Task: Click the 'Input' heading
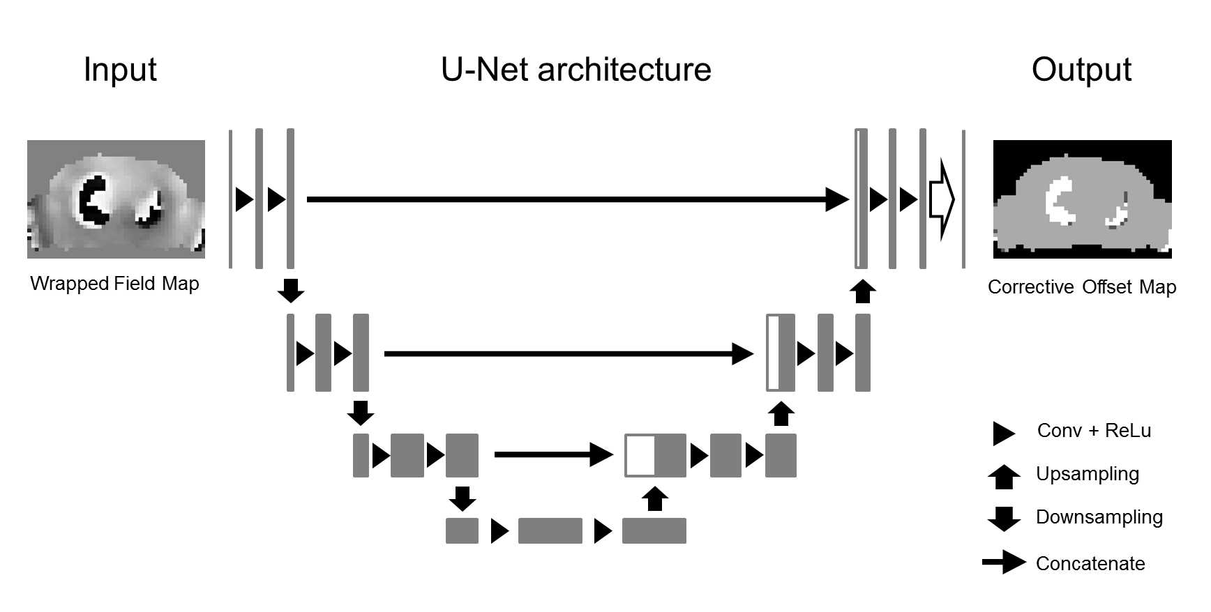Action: tap(120, 70)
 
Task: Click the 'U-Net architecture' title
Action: tap(576, 70)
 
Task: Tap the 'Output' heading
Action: tap(1081, 70)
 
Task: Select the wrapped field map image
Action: tap(116, 199)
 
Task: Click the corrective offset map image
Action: tap(1082, 199)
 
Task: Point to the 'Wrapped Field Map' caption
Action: tap(115, 284)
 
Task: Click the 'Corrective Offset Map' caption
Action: tap(1082, 287)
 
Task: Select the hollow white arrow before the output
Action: tap(941, 200)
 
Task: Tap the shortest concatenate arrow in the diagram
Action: tap(553, 455)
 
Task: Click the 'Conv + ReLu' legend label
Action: tap(1094, 431)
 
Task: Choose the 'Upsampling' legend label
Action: tap(1087, 474)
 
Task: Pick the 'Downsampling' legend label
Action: tap(1099, 517)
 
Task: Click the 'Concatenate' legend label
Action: tap(1090, 563)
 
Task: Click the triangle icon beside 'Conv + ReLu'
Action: tap(1003, 433)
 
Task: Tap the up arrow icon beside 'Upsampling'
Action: tap(1004, 477)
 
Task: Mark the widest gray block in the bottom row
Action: tap(550, 531)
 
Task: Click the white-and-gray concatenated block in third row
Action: tap(655, 455)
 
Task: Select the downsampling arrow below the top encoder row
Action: tap(291, 289)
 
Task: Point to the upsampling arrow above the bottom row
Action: tap(654, 499)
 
